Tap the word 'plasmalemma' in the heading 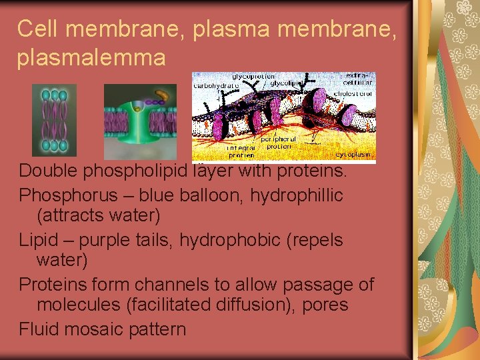tap(91, 58)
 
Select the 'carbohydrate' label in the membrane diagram tap(216, 85)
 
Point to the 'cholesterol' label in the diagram tap(359, 95)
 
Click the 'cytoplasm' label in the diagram tap(354, 154)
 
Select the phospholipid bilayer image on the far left tap(54, 120)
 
